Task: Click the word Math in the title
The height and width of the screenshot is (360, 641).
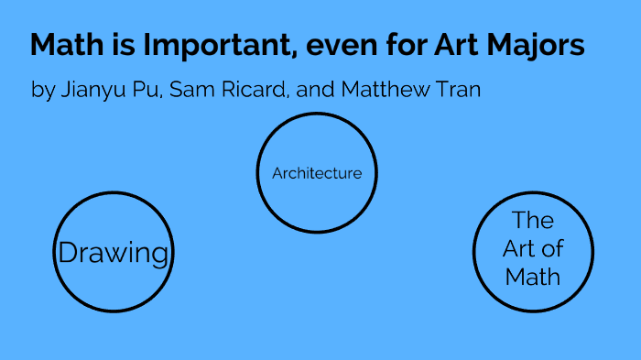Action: pos(62,46)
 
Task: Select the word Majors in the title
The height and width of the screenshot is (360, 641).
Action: pos(537,46)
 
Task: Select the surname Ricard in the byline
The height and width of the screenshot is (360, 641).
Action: pos(254,90)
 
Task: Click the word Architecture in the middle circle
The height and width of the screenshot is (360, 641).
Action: pos(317,173)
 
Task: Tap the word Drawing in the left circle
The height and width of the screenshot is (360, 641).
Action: pos(114,253)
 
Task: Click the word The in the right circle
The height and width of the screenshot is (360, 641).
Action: pos(533,221)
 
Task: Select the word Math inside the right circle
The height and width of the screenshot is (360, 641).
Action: pos(533,276)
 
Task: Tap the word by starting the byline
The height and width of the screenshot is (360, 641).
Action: pos(43,91)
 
